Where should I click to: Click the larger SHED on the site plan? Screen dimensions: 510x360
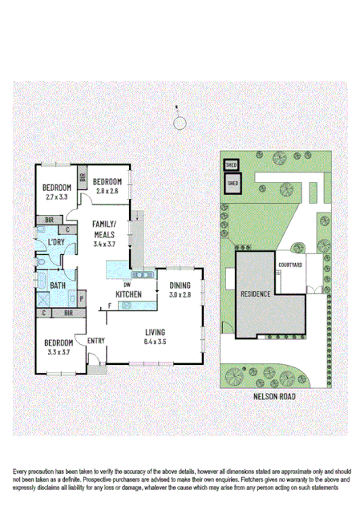pyautogui.click(x=233, y=184)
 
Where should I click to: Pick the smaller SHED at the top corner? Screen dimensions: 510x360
pyautogui.click(x=231, y=164)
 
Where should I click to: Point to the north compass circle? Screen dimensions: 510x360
pyautogui.click(x=180, y=123)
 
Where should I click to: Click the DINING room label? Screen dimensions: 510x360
pyautogui.click(x=180, y=285)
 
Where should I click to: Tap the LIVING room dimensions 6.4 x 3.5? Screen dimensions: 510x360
pyautogui.click(x=155, y=342)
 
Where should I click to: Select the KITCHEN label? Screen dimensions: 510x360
pyautogui.click(x=128, y=294)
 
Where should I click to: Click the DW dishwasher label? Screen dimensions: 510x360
pyautogui.click(x=127, y=285)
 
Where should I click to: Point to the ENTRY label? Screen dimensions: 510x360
pyautogui.click(x=96, y=341)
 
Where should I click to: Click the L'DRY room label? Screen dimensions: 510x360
pyautogui.click(x=56, y=242)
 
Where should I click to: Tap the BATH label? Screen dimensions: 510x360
pyautogui.click(x=58, y=285)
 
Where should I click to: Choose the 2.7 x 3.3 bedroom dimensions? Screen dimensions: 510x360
pyautogui.click(x=58, y=196)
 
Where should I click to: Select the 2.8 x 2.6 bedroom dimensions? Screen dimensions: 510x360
pyautogui.click(x=107, y=191)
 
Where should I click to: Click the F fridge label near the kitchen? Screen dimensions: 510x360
pyautogui.click(x=110, y=306)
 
